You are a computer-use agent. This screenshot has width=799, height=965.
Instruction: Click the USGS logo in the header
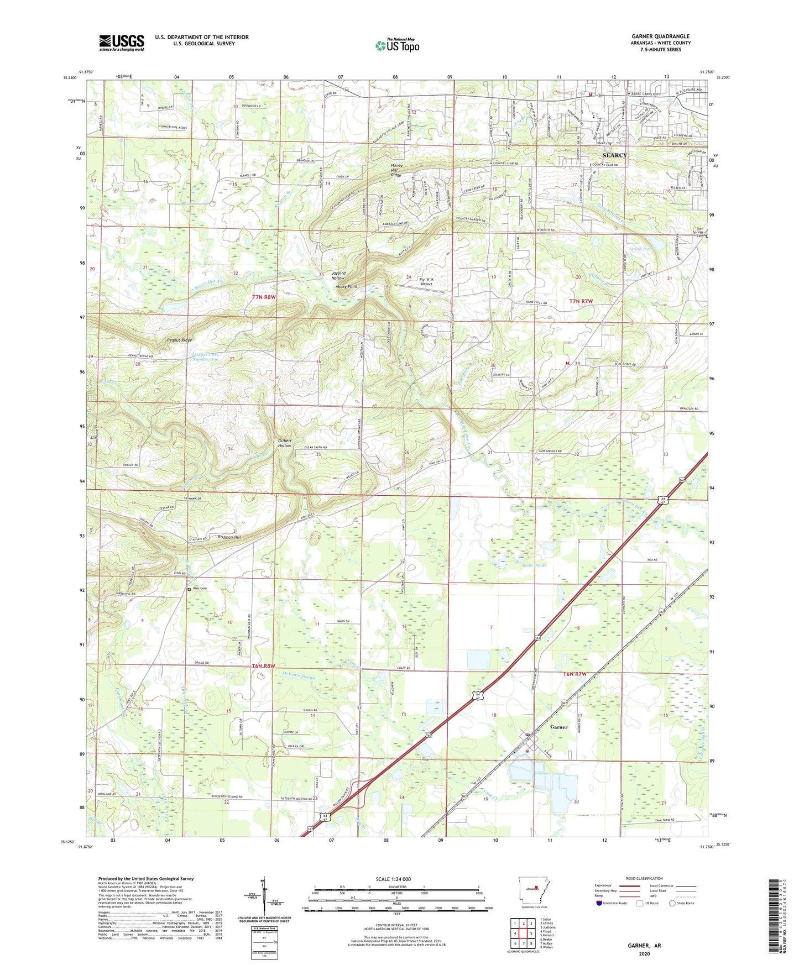click(x=122, y=43)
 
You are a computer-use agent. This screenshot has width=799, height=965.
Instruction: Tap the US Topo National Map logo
click(x=397, y=45)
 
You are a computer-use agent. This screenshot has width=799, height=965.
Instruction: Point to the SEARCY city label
click(x=614, y=156)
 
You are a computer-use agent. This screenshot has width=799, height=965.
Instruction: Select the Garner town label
click(x=558, y=727)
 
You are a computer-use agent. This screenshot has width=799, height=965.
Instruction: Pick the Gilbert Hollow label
click(x=284, y=443)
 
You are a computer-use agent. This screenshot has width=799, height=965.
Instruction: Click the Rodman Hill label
click(x=229, y=537)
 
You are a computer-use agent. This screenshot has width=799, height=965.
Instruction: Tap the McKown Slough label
click(x=298, y=677)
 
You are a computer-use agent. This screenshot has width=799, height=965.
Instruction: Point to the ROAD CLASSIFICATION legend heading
click(x=644, y=878)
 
